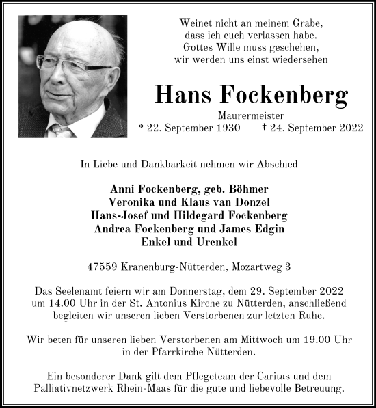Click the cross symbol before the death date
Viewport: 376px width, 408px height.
point(284,126)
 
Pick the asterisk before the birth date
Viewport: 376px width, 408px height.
point(159,127)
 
